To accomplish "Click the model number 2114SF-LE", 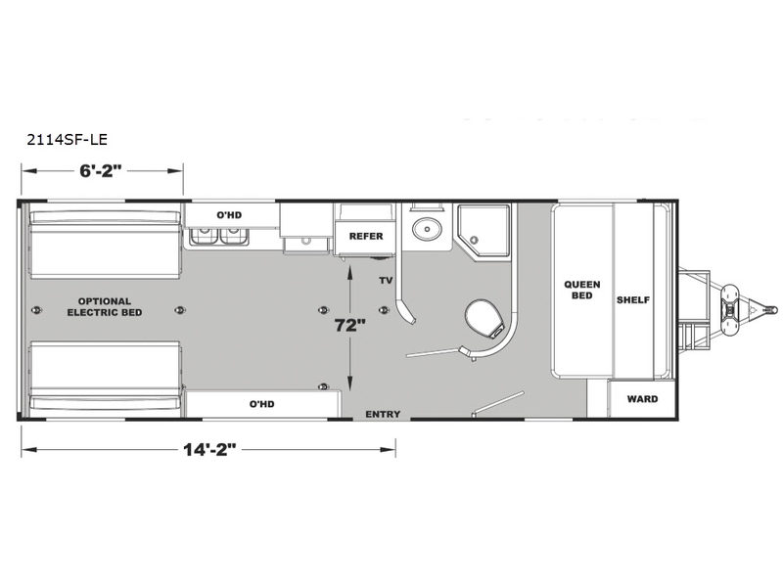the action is [67, 139].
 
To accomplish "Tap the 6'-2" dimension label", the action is [101, 171].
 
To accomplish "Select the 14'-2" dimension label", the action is [209, 450].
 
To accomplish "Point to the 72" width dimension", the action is [350, 326].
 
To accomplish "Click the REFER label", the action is [366, 236].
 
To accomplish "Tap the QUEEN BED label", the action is [582, 290].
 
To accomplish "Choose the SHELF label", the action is [633, 300].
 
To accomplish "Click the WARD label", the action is [643, 399].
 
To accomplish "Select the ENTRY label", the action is [383, 414].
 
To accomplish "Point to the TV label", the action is [386, 281].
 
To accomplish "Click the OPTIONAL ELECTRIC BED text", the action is [105, 307].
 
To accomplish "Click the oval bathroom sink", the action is [427, 229].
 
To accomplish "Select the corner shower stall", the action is [484, 231].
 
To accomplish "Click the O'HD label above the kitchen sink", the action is [229, 215].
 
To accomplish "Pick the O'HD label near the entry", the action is [262, 404].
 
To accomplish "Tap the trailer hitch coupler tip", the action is [773, 310].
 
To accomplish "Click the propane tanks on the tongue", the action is [730, 310].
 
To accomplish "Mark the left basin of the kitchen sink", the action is [205, 236].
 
